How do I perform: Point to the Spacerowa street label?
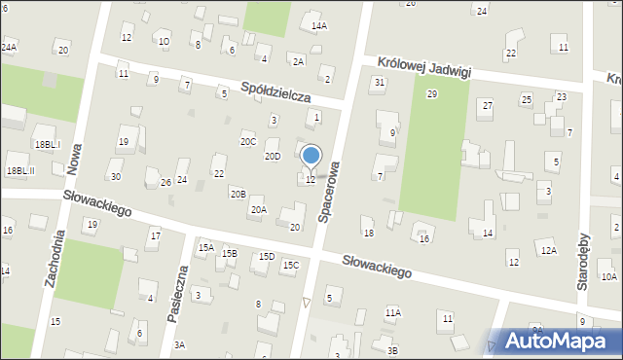(332, 190)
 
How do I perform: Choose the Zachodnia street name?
(55, 258)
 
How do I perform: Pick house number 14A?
(318, 26)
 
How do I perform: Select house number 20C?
(248, 142)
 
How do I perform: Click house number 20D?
(273, 156)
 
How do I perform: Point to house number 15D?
(266, 256)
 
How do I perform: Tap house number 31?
(379, 82)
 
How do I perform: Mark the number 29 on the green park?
(432, 93)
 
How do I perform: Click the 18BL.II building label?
(20, 170)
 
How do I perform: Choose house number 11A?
(392, 312)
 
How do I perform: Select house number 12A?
(549, 251)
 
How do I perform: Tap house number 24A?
(9, 47)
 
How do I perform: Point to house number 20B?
(238, 194)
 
